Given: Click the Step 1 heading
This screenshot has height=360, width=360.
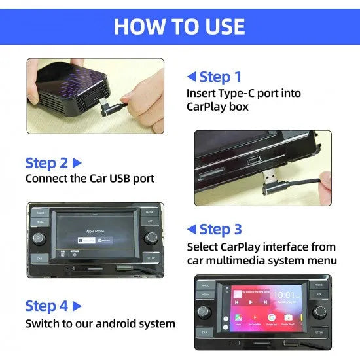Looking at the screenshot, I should [x=220, y=77].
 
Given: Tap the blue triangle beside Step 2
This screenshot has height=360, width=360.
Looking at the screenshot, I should [x=77, y=162].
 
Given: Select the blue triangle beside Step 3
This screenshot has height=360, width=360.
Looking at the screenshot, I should [x=191, y=229].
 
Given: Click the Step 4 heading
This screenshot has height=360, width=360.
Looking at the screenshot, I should [x=46, y=306].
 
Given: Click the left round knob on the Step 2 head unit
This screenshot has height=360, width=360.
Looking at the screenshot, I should [x=39, y=237].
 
